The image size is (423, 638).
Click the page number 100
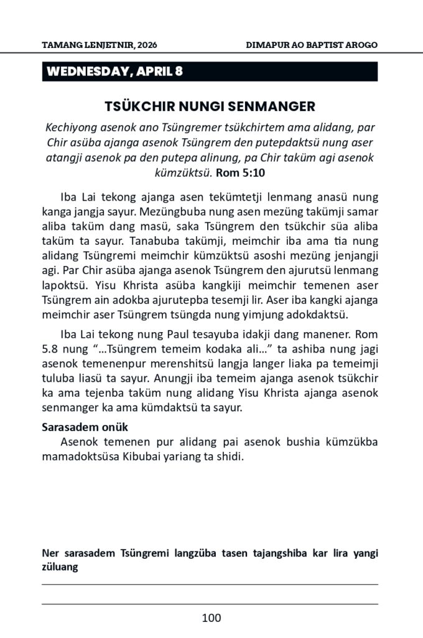[211, 618]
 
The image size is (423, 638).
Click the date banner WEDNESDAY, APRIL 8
[114, 72]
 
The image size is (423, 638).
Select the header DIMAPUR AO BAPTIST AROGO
[312, 45]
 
